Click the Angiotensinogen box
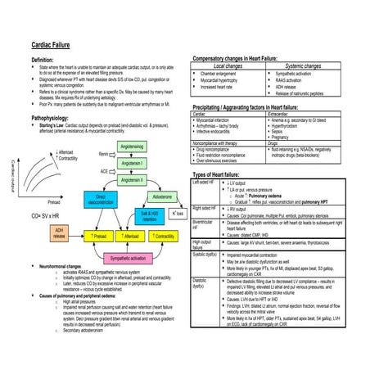(133, 146)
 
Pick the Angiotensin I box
(133, 163)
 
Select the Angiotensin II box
(133, 179)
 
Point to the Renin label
(102, 154)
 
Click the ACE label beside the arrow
(104, 171)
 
